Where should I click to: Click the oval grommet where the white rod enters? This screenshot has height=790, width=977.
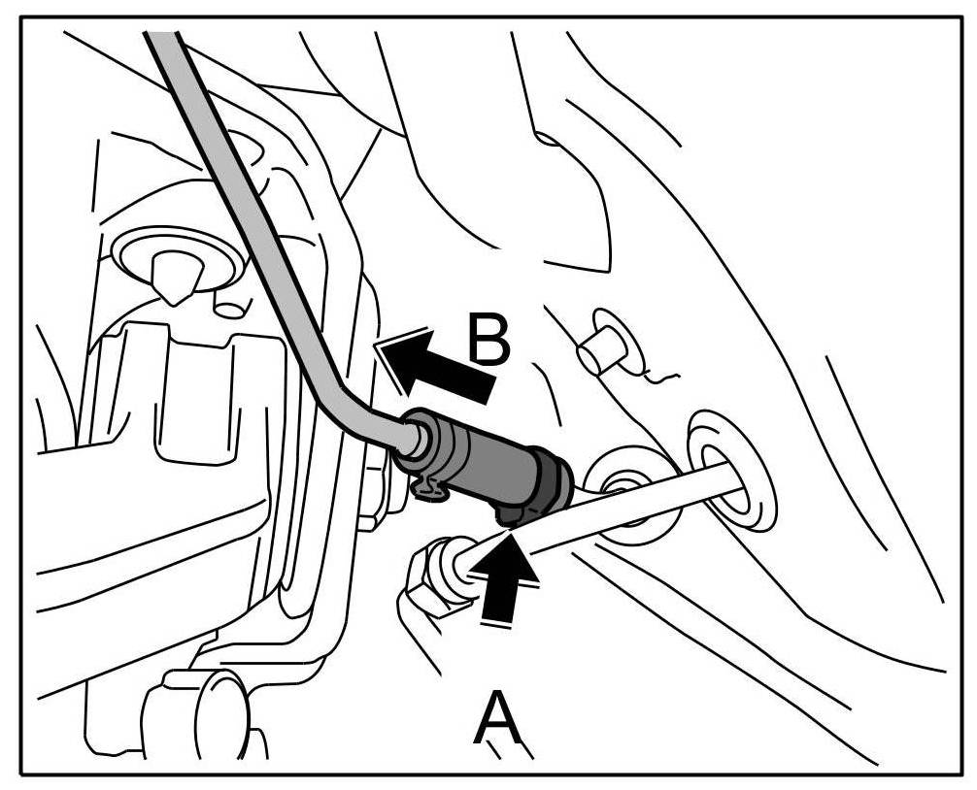[x=732, y=473]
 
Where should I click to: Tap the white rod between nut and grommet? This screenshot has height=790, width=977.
[x=602, y=524]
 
